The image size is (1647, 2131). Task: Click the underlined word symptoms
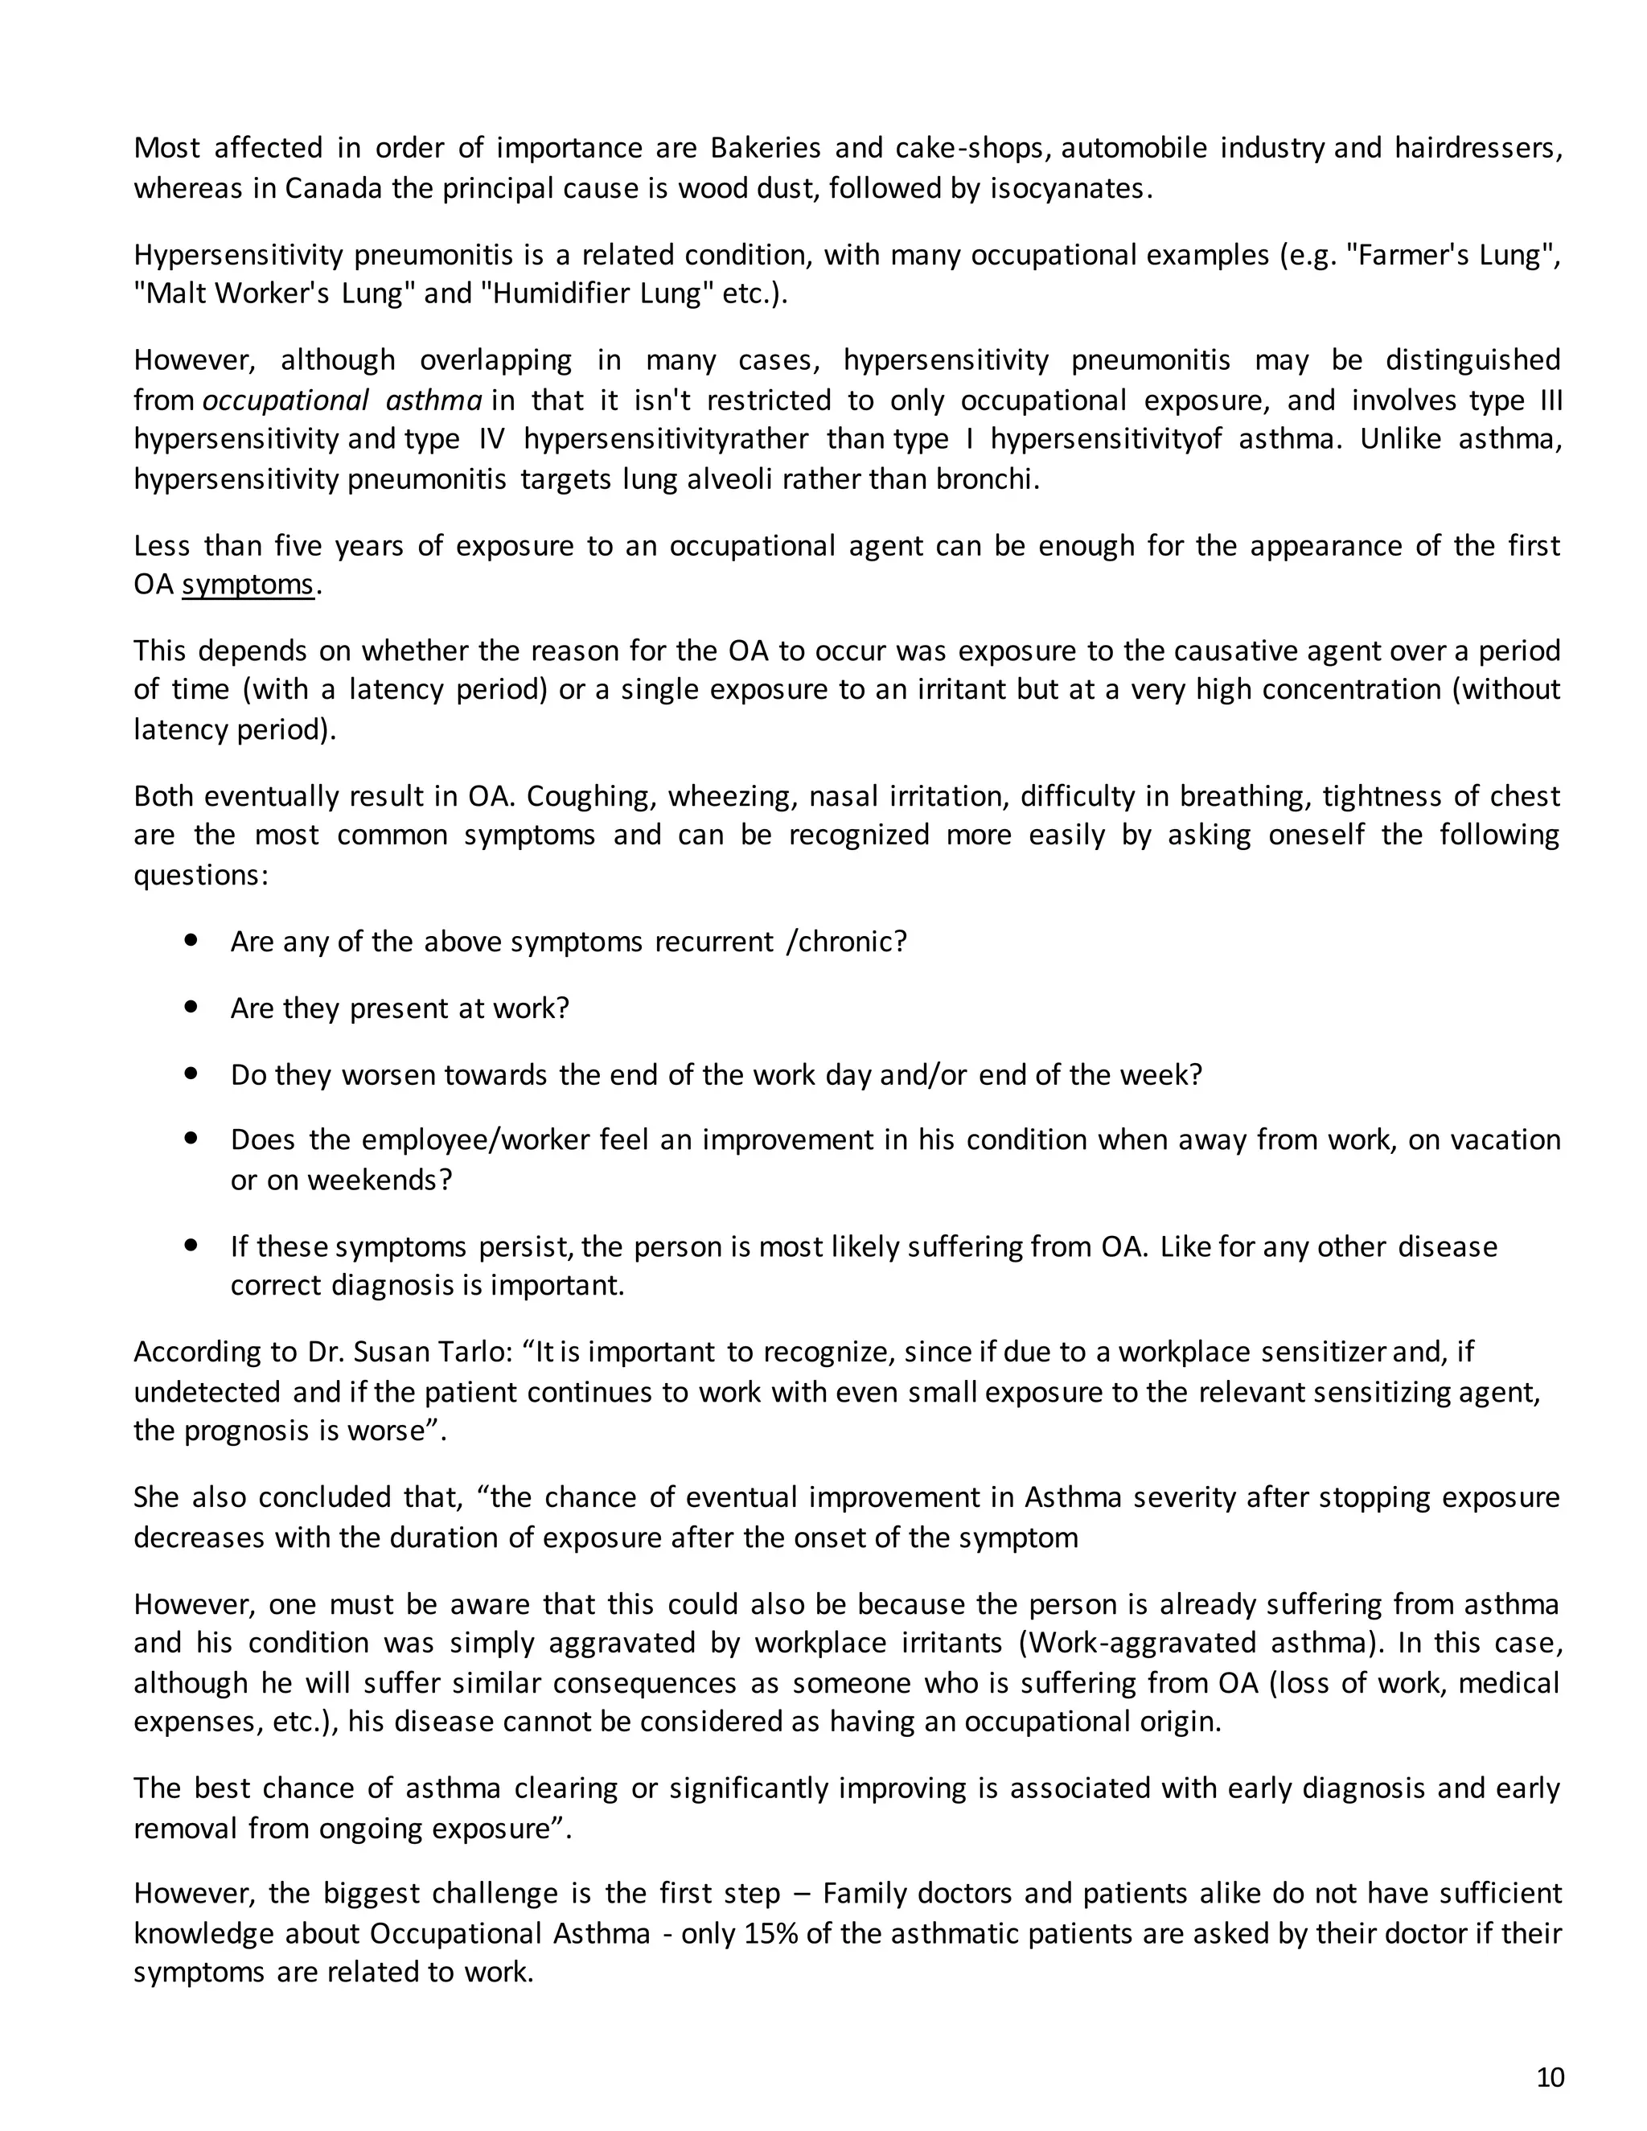[x=248, y=585]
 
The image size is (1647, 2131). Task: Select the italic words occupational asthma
[x=343, y=400]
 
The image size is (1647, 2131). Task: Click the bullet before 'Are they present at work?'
[x=191, y=1006]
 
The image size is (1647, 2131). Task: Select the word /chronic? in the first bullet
[x=846, y=942]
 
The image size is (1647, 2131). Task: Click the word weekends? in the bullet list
[x=380, y=1180]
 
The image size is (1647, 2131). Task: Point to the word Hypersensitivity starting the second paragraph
[x=238, y=255]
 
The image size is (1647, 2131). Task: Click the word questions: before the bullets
[x=200, y=874]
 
